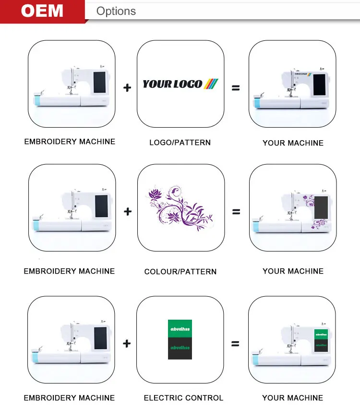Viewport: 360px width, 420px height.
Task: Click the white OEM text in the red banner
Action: tap(42, 11)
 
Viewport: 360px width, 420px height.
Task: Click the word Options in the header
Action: tap(116, 11)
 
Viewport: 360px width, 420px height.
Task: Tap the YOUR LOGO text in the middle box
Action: tap(173, 84)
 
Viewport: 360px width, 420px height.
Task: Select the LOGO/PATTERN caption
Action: tap(180, 143)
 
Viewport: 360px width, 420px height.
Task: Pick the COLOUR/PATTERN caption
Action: tap(180, 272)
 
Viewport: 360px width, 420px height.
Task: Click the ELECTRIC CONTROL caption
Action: tap(183, 398)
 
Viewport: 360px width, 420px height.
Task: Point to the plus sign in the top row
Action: tap(127, 87)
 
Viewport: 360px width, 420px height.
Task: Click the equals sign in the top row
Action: tap(236, 87)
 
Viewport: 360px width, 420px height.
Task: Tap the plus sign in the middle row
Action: tap(127, 211)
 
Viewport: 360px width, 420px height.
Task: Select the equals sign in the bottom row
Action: tap(236, 344)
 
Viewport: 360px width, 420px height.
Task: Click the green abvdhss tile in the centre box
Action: tap(180, 329)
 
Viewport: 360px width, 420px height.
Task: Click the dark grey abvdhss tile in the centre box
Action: tap(180, 348)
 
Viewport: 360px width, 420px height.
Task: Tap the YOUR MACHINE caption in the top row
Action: tap(293, 143)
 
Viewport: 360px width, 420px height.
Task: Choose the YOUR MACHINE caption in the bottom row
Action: tap(293, 398)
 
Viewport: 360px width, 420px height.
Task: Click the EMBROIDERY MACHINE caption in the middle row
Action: tap(70, 271)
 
